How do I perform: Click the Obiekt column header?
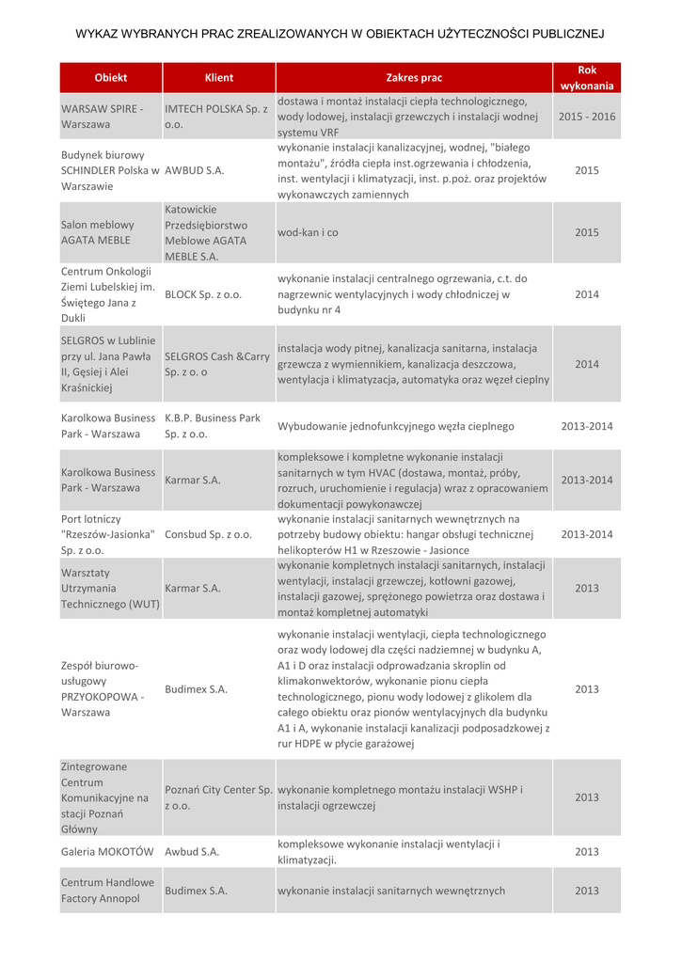click(111, 77)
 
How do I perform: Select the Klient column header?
click(219, 77)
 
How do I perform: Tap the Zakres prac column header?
click(414, 77)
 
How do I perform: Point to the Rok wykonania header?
click(587, 77)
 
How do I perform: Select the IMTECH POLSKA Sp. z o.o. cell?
click(216, 117)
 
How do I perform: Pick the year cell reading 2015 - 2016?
click(587, 117)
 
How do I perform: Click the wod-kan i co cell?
click(308, 232)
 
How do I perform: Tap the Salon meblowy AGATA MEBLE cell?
click(98, 232)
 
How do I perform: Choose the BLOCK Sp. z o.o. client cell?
click(203, 294)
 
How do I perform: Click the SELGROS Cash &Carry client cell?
click(217, 364)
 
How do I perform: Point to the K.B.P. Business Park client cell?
click(213, 426)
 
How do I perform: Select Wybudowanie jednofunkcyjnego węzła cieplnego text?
click(396, 426)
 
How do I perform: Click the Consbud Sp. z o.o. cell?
click(208, 534)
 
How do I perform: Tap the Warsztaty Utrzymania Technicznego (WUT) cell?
click(110, 588)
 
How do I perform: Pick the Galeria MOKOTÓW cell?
click(107, 851)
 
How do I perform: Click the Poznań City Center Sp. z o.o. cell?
click(218, 797)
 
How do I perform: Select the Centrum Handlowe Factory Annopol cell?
click(107, 891)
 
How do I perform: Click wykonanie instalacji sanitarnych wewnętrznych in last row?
click(391, 891)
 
